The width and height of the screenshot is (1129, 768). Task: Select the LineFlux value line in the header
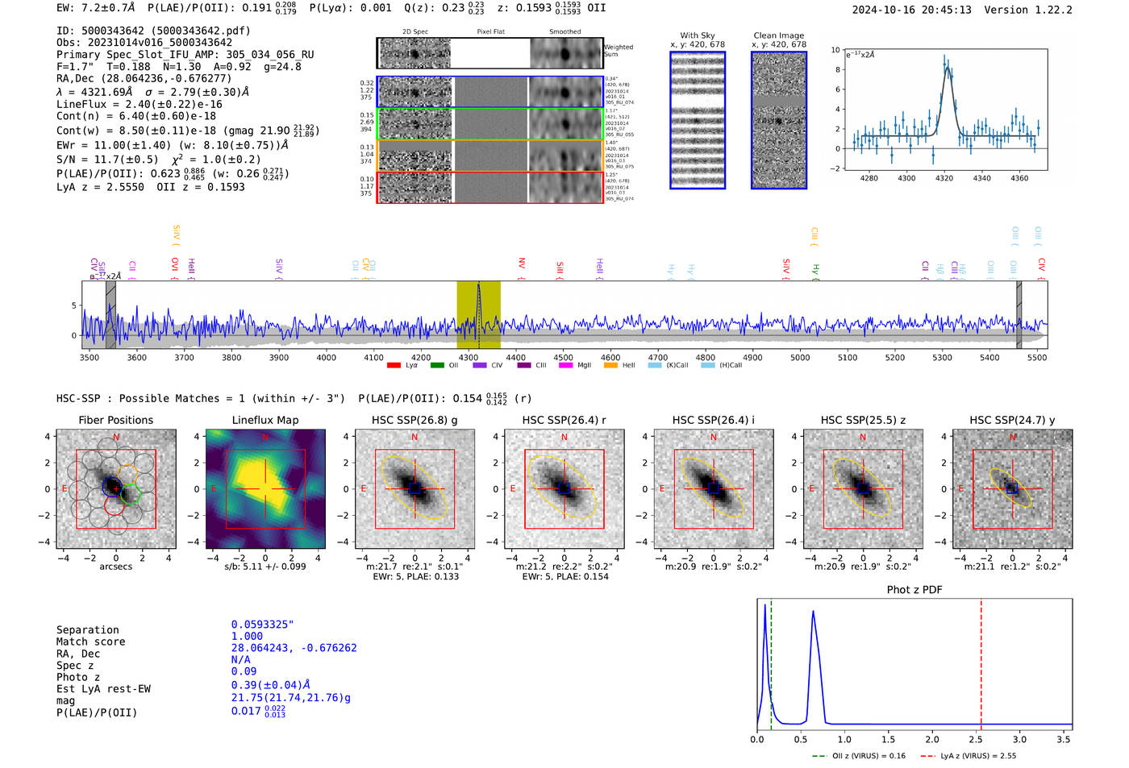pyautogui.click(x=140, y=104)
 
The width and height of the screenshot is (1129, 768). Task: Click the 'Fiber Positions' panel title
pyautogui.click(x=115, y=420)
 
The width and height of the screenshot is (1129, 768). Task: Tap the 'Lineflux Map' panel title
pyautogui.click(x=265, y=420)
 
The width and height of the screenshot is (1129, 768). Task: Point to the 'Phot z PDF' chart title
pyautogui.click(x=914, y=590)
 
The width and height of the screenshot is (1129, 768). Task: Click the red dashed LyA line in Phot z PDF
pyautogui.click(x=981, y=661)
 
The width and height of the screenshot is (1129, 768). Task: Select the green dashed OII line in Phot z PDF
pyautogui.click(x=771, y=661)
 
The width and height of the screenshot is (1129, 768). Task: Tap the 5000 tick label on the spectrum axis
pyautogui.click(x=800, y=358)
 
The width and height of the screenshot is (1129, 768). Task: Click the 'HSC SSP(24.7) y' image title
pyautogui.click(x=1012, y=420)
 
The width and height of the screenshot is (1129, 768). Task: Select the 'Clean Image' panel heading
pyautogui.click(x=778, y=35)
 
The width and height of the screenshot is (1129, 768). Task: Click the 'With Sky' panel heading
pyautogui.click(x=697, y=35)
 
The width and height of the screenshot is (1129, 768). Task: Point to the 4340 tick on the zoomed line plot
pyautogui.click(x=981, y=178)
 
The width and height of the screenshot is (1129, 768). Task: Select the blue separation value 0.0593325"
pyautogui.click(x=263, y=625)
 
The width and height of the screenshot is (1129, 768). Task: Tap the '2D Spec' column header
pyautogui.click(x=415, y=32)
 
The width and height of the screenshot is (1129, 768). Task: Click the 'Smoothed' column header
pyautogui.click(x=565, y=32)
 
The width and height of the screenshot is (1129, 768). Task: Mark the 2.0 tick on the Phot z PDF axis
pyautogui.click(x=932, y=739)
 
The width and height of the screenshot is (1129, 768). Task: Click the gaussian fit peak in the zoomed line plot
pyautogui.click(x=946, y=67)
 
